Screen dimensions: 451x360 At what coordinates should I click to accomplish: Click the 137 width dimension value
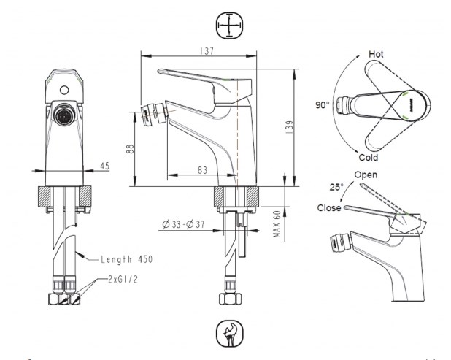[207, 51]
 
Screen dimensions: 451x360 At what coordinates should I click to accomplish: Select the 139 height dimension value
[290, 127]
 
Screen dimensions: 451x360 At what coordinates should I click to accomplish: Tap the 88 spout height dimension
[131, 149]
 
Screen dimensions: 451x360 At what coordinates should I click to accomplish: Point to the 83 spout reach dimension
[202, 170]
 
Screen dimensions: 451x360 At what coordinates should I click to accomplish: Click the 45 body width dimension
[104, 166]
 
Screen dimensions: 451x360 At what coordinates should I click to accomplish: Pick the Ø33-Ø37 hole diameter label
[183, 224]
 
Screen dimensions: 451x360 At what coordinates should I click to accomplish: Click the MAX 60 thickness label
[277, 224]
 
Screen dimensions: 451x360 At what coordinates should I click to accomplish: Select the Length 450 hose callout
[126, 259]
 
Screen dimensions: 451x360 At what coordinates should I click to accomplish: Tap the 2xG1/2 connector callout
[123, 279]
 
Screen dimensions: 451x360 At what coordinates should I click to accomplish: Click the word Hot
[376, 54]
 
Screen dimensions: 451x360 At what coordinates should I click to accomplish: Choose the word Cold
[369, 158]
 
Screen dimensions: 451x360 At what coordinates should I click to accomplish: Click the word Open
[366, 175]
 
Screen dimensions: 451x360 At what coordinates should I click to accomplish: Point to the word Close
[329, 208]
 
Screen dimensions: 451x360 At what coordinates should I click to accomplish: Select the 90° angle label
[322, 105]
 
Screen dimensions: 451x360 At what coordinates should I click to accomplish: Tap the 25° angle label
[336, 188]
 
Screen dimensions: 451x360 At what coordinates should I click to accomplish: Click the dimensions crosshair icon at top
[229, 25]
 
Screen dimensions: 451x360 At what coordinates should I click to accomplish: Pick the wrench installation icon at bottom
[229, 334]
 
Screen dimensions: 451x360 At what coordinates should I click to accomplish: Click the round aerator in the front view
[65, 115]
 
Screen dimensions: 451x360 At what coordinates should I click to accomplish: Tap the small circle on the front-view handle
[64, 90]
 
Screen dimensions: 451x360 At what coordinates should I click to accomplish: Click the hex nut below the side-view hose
[231, 299]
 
